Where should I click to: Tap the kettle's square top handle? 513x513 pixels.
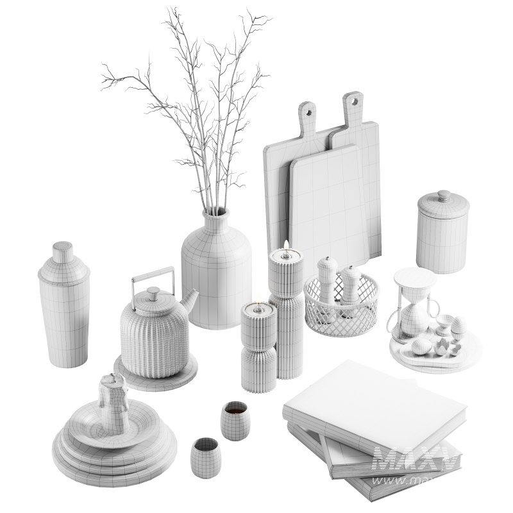153,273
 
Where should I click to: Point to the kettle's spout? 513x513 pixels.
189,299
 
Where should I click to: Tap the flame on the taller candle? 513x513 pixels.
285,244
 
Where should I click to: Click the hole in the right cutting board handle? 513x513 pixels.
351,101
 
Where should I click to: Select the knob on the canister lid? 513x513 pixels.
442,193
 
